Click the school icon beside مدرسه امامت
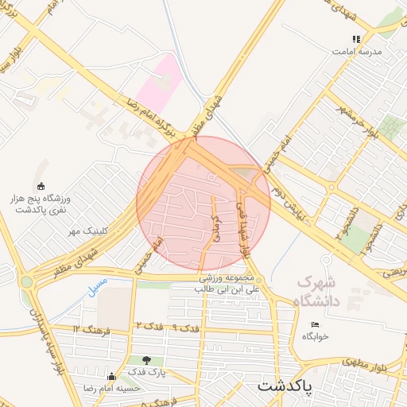[357, 38]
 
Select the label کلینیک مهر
[87, 231]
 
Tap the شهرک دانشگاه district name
[317, 291]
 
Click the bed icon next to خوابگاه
[316, 324]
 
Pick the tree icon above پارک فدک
[145, 360]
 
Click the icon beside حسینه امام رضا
[111, 377]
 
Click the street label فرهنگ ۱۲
[87, 328]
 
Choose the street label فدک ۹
[184, 328]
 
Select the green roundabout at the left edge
[27, 281]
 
